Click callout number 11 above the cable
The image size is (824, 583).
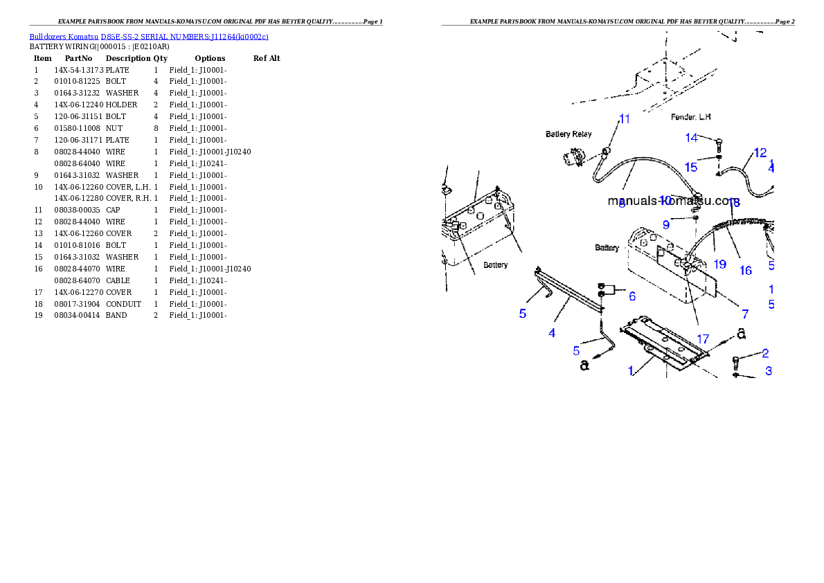625,119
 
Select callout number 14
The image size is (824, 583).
692,138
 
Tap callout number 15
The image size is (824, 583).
691,167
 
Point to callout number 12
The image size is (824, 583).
760,152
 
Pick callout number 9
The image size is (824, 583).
666,224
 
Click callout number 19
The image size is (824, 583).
719,264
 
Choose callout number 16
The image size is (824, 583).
746,271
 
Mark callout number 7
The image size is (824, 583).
746,314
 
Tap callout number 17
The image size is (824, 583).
703,339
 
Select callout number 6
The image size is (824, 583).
632,296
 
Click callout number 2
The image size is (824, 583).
765,353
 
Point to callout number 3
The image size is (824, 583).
769,371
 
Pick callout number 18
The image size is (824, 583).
734,204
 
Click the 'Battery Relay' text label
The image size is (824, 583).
568,134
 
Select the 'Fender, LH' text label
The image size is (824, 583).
691,116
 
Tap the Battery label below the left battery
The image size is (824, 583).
495,265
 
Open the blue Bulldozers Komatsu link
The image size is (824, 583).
149,36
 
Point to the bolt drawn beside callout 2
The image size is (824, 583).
737,361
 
